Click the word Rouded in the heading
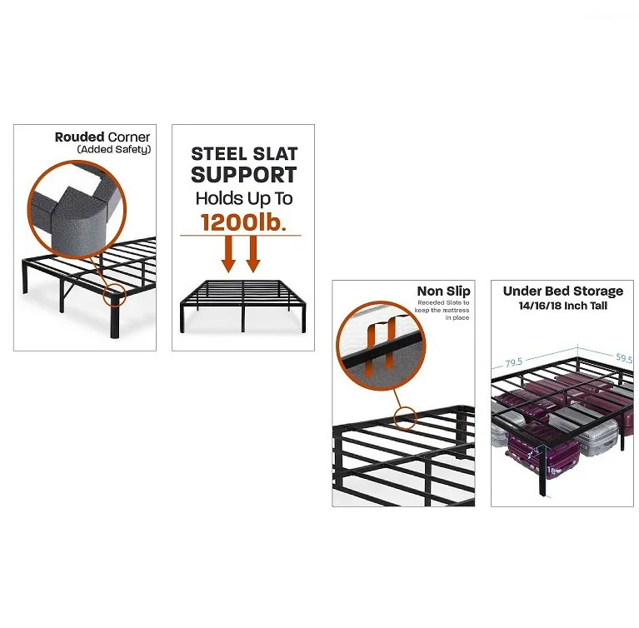tap(79, 137)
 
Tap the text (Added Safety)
tap(113, 149)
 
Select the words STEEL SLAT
tap(244, 154)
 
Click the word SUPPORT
tap(244, 175)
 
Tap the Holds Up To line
tap(244, 198)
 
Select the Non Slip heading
tap(443, 291)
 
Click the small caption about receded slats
tap(445, 309)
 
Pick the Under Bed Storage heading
tap(562, 291)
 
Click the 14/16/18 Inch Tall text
tap(562, 306)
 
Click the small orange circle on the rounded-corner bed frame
tap(114, 296)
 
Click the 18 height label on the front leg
tap(551, 471)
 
